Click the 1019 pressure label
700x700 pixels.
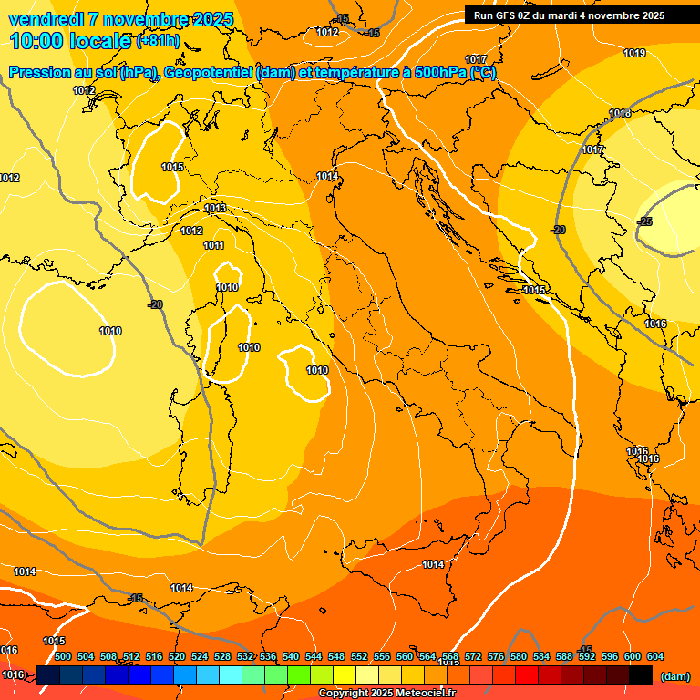tap(634, 53)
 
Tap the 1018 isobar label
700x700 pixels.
tap(620, 114)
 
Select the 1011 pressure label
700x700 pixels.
tap(213, 245)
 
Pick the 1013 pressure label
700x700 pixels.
tap(215, 209)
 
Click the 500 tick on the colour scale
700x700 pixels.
tap(63, 656)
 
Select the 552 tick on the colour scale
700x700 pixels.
tap(359, 656)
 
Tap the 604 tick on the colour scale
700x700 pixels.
tap(655, 656)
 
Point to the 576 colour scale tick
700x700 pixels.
tap(496, 656)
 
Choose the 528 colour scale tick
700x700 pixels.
tap(222, 656)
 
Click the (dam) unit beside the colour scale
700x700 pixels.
tap(674, 676)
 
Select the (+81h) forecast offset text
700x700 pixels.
tap(158, 41)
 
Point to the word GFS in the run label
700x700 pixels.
tap(509, 15)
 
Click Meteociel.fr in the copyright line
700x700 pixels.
tap(424, 694)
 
